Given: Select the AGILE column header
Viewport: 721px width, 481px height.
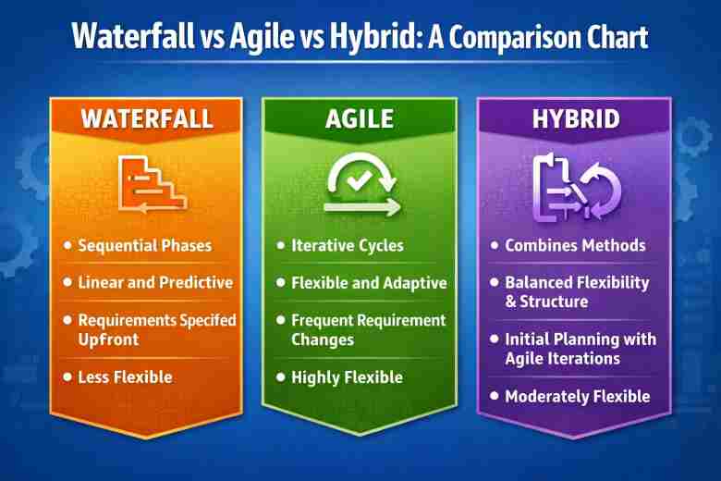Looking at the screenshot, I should (360, 119).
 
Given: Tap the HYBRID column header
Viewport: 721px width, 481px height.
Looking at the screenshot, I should (576, 119).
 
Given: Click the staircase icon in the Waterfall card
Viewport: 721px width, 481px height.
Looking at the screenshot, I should (150, 182).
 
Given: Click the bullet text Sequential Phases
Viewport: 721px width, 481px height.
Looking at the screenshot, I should (144, 246).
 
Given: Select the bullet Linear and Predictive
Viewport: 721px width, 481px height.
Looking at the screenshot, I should (155, 282).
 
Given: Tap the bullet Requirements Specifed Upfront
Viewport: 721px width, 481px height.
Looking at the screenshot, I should (156, 329).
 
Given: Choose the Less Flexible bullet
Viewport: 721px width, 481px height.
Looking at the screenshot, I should (125, 376).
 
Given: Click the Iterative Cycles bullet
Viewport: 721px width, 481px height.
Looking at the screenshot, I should (347, 246).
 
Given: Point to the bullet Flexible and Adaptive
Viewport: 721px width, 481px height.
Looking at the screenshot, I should (369, 283).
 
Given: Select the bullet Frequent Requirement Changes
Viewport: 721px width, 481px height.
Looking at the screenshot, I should (368, 329).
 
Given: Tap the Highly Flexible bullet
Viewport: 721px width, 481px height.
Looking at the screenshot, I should (347, 376).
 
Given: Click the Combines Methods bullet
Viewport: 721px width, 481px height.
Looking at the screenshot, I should (575, 246).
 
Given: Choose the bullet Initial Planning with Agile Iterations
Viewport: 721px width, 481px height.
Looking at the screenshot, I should (580, 348).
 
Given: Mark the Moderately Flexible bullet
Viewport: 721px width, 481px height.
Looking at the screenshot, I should (577, 396).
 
